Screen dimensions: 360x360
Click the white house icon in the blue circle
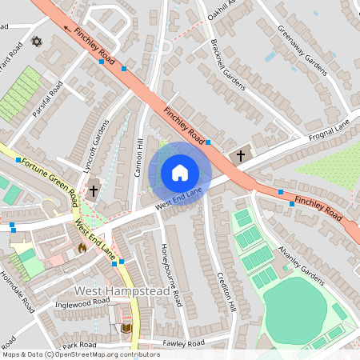pos(180,173)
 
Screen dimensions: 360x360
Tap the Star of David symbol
pos(35,41)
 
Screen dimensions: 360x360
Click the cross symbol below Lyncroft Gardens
pos(94,191)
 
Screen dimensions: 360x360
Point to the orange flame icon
pos(82,248)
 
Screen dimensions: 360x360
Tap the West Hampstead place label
pos(122,291)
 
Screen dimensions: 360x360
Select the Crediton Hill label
pos(226,290)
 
